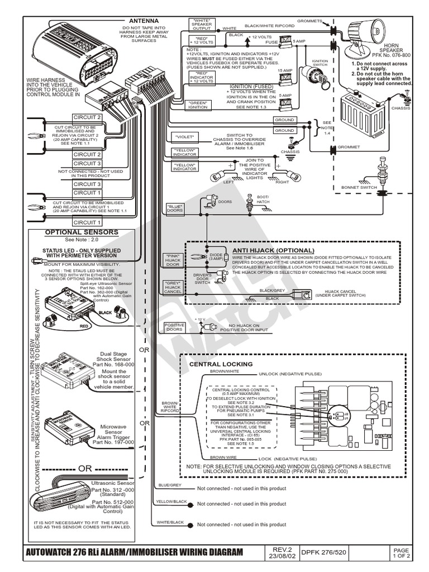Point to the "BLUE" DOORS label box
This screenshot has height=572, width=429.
[x=175, y=208]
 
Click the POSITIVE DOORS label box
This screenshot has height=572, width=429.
[x=174, y=327]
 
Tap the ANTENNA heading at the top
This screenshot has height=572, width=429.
[x=144, y=21]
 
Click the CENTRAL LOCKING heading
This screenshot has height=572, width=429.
[x=221, y=364]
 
